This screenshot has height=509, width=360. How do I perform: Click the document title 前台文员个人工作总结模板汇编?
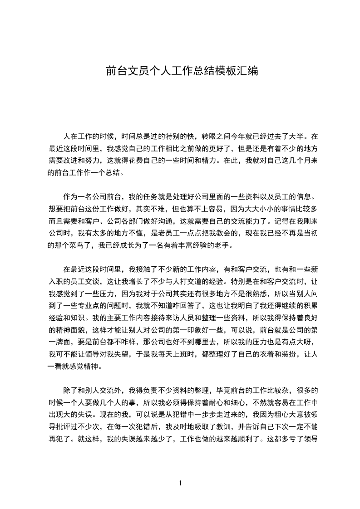[182, 71]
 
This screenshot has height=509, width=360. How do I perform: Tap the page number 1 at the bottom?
[180, 483]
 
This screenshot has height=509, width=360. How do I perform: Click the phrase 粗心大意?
[276, 414]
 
